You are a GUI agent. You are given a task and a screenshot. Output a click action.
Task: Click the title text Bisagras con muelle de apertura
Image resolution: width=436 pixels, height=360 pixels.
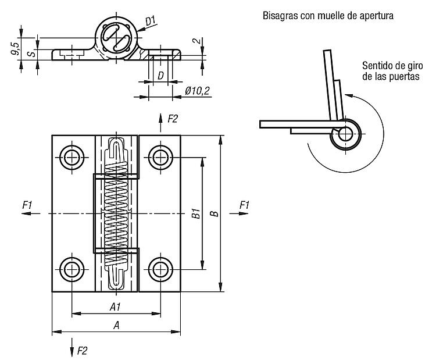pyautogui.click(x=328, y=16)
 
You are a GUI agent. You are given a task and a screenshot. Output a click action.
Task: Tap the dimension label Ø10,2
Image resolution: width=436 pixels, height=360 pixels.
pyautogui.click(x=197, y=91)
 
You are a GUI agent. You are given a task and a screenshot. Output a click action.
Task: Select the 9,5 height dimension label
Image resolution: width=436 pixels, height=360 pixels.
pyautogui.click(x=16, y=49)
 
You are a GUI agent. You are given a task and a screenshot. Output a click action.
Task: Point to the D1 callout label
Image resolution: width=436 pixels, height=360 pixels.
pyautogui.click(x=151, y=21)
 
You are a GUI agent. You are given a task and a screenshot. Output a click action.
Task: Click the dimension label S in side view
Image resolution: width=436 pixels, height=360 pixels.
pyautogui.click(x=33, y=53)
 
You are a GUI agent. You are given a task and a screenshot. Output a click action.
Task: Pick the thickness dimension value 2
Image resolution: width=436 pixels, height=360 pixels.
pyautogui.click(x=196, y=41)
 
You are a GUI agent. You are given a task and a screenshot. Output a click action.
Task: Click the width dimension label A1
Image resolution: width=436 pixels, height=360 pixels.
pyautogui.click(x=115, y=307)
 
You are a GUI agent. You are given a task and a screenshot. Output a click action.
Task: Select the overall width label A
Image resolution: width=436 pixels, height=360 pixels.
pyautogui.click(x=116, y=325)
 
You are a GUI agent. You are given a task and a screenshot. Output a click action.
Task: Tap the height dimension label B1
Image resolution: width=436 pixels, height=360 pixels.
pyautogui.click(x=196, y=213)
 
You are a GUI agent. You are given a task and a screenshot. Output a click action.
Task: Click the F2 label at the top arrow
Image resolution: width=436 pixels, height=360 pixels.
pyautogui.click(x=173, y=119)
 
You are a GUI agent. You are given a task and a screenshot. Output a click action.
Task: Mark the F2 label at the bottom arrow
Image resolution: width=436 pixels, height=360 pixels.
pyautogui.click(x=82, y=351)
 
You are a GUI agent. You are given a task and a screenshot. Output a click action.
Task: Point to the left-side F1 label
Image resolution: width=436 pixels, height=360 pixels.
pyautogui.click(x=27, y=205)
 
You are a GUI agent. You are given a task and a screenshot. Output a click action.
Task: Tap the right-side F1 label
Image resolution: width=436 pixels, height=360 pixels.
pyautogui.click(x=244, y=205)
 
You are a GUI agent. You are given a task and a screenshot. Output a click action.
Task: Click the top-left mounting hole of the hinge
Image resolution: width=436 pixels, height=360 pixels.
pyautogui.click(x=72, y=158)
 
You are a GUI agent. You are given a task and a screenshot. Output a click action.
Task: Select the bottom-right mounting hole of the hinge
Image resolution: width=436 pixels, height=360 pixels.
pyautogui.click(x=160, y=269)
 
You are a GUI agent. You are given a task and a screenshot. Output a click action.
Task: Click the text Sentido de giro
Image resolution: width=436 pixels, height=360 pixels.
pyautogui.click(x=392, y=66)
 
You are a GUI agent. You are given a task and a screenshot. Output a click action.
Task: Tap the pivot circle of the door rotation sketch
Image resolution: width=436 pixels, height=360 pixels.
pyautogui.click(x=346, y=134)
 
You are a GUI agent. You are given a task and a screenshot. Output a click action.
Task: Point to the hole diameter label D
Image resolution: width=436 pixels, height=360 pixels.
pyautogui.click(x=160, y=76)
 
